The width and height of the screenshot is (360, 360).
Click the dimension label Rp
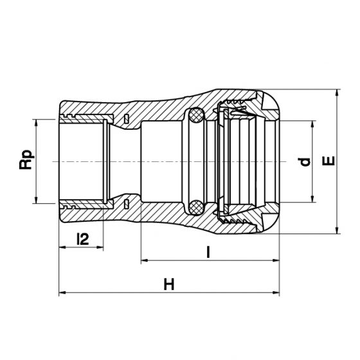pyautogui.click(x=26, y=160)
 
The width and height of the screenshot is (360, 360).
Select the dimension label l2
pyautogui.click(x=83, y=239)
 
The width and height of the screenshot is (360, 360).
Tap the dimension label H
pyautogui.click(x=169, y=284)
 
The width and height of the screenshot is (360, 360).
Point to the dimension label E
pyautogui.click(x=328, y=161)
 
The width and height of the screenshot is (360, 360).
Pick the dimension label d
pyautogui.click(x=305, y=162)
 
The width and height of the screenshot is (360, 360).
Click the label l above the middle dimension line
pyautogui.click(x=208, y=252)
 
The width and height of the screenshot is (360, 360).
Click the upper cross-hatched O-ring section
pyautogui.click(x=196, y=115)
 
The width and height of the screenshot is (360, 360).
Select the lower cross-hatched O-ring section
pyautogui.click(x=196, y=207)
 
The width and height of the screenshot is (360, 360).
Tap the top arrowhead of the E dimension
pyautogui.click(x=337, y=93)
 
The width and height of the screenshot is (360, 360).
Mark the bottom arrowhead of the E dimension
pyautogui.click(x=337, y=230)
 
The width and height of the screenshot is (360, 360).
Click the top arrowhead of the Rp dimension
pyautogui.click(x=36, y=123)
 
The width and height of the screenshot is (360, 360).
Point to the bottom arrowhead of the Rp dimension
pyautogui.click(x=36, y=200)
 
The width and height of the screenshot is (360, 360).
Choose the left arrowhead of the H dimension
pyautogui.click(x=62, y=292)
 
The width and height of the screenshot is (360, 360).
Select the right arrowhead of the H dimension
pyautogui.click(x=276, y=292)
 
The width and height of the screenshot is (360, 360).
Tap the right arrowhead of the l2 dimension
pyautogui.click(x=100, y=248)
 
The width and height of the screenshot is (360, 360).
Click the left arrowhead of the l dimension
pyautogui.click(x=145, y=260)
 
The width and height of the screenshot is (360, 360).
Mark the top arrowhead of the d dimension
pyautogui.click(x=312, y=124)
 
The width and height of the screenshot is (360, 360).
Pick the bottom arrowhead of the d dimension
pyautogui.click(x=312, y=199)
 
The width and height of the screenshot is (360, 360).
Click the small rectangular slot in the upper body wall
pyautogui.click(x=126, y=118)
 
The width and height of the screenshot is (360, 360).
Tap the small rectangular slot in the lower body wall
pyautogui.click(x=126, y=204)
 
